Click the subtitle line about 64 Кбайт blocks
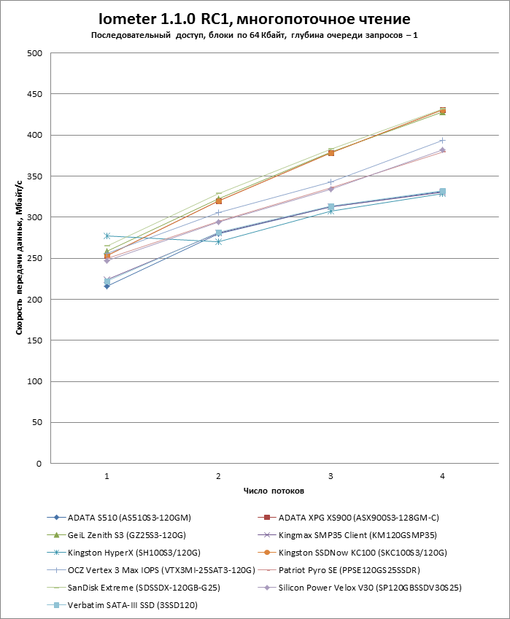255,35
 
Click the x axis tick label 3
331,476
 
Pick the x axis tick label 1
107,476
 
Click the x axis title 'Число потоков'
274,491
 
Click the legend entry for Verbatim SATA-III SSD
132,605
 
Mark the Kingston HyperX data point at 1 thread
107,236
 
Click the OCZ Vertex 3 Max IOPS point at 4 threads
442,141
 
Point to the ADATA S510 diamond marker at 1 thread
107,286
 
